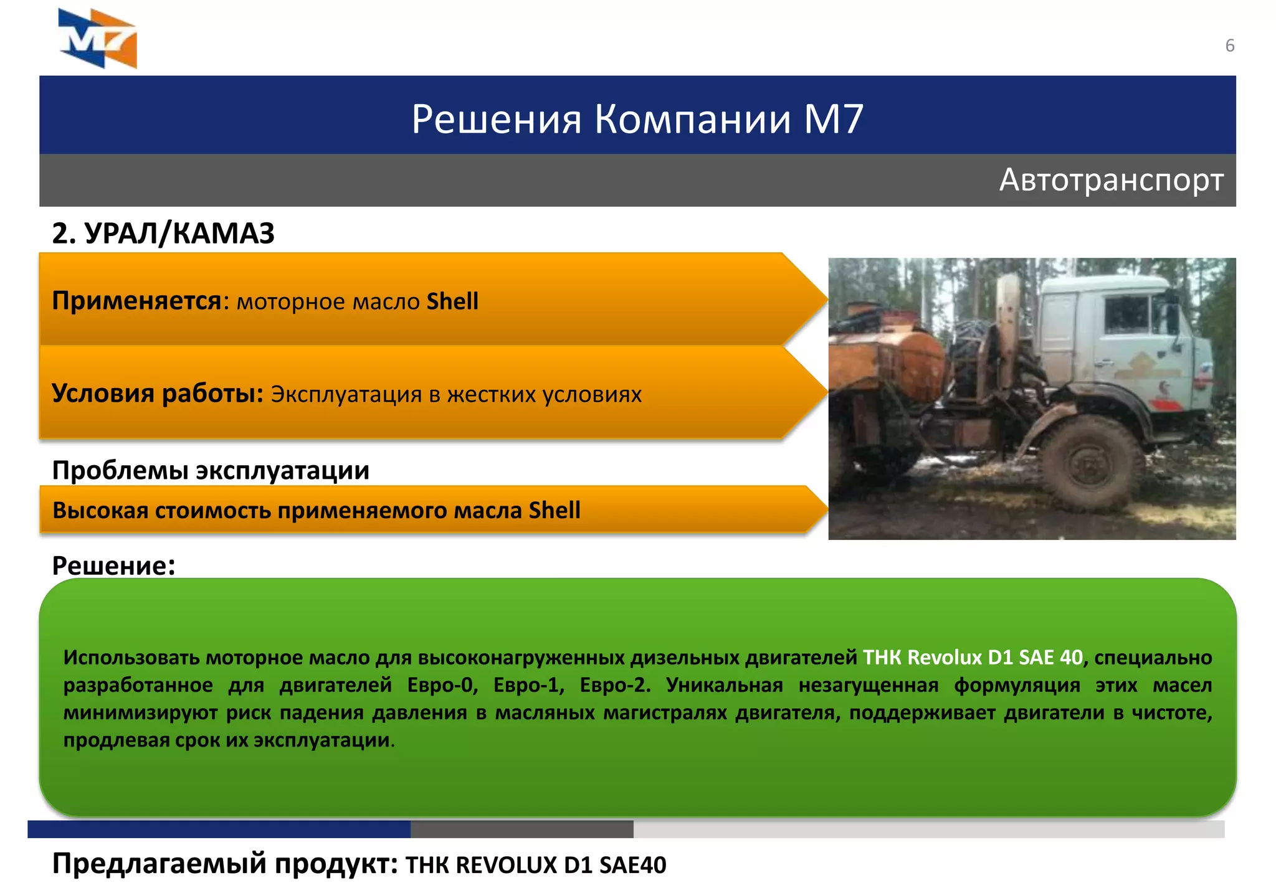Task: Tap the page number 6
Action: tap(1229, 45)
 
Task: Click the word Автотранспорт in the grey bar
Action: tap(1111, 180)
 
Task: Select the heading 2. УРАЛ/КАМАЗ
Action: tap(163, 234)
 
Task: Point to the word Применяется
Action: tap(136, 301)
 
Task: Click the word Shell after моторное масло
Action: tap(452, 301)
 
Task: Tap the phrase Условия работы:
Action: tap(158, 394)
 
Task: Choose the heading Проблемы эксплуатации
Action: tap(211, 470)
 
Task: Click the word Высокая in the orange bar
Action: tap(100, 511)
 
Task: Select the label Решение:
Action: tap(113, 565)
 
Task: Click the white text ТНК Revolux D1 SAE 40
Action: tap(973, 658)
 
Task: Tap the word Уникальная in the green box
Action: tap(724, 685)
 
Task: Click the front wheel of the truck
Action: tap(1088, 464)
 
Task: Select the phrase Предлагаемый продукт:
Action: tap(224, 864)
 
